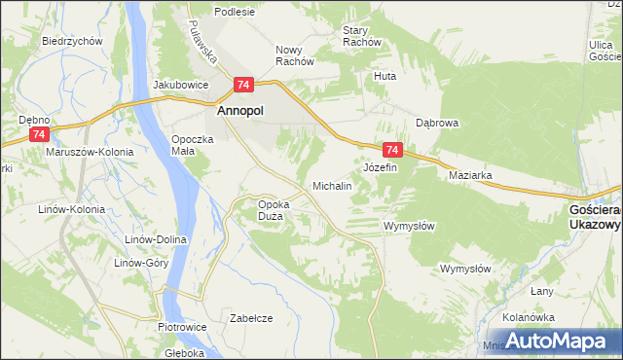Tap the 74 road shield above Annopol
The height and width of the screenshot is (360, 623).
pyautogui.click(x=243, y=86)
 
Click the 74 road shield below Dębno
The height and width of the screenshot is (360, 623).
pyautogui.click(x=38, y=134)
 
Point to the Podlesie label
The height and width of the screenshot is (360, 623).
pyautogui.click(x=236, y=12)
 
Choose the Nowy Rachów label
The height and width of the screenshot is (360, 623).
pyautogui.click(x=295, y=54)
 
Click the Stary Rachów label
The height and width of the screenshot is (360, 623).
pyautogui.click(x=361, y=36)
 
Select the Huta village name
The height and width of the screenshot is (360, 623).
pyautogui.click(x=386, y=75)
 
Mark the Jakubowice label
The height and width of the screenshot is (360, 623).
pyautogui.click(x=181, y=85)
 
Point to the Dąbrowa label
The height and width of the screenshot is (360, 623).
pyautogui.click(x=437, y=124)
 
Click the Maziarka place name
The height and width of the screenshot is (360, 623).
pyautogui.click(x=470, y=176)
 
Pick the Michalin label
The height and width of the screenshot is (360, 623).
pyautogui.click(x=331, y=185)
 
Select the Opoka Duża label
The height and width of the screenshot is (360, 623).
pyautogui.click(x=270, y=209)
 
